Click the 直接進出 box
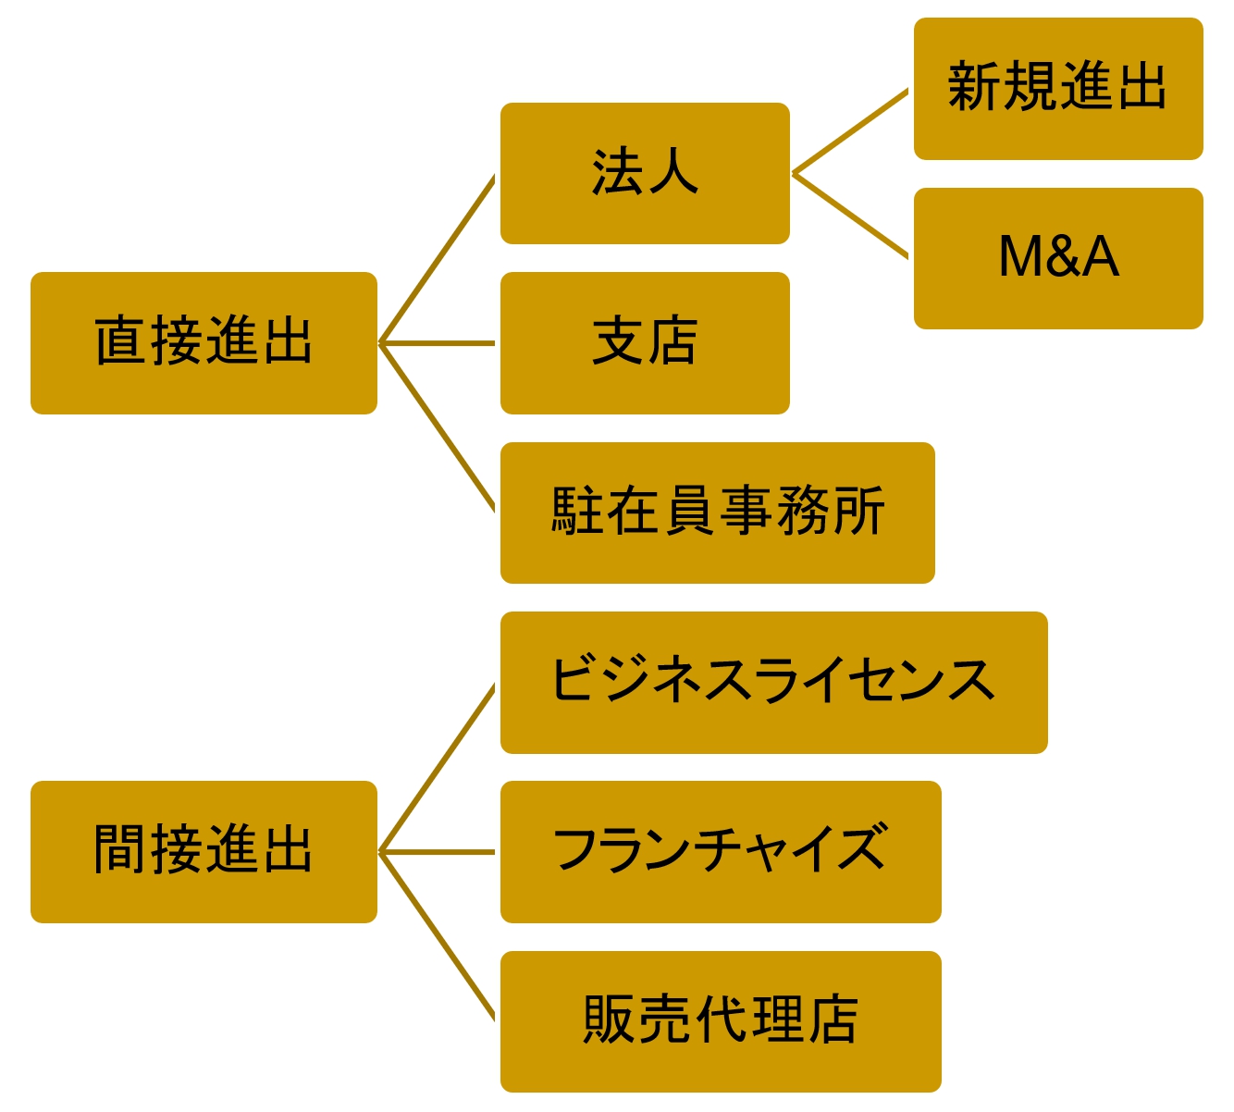(x=204, y=342)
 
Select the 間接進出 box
(x=204, y=851)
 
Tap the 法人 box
(x=645, y=173)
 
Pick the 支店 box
(x=645, y=342)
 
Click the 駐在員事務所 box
(x=717, y=513)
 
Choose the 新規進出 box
(x=1057, y=88)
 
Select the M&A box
(x=1057, y=258)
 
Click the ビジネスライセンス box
(x=773, y=682)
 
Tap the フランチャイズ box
(x=720, y=851)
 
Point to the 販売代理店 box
(x=720, y=1021)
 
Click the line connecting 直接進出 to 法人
(x=437, y=260)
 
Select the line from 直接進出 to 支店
(x=437, y=343)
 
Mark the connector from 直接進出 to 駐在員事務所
(x=437, y=426)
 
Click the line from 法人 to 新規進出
(x=850, y=131)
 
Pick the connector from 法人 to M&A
(x=850, y=215)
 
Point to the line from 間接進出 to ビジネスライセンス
(x=437, y=769)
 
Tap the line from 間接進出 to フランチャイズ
(x=437, y=852)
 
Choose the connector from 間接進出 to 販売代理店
(x=437, y=935)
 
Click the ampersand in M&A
(x=1058, y=257)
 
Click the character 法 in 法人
(x=617, y=173)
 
